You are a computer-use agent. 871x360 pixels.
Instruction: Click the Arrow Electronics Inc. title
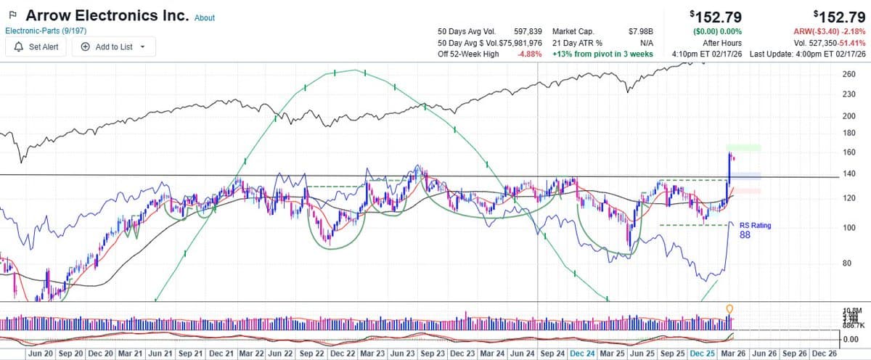[107, 15]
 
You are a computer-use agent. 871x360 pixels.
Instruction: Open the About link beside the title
[205, 17]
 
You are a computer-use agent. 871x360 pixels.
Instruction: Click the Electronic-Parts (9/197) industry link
[45, 31]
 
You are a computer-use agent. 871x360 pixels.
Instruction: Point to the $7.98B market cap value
[640, 32]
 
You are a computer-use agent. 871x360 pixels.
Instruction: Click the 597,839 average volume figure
[528, 32]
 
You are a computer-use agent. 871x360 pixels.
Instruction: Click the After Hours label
[721, 43]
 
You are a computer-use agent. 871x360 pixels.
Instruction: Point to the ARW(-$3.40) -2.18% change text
[824, 32]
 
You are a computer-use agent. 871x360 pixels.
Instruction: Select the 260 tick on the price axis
[848, 75]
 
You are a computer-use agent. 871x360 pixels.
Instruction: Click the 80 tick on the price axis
[846, 263]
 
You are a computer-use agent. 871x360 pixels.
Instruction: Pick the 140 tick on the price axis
[848, 174]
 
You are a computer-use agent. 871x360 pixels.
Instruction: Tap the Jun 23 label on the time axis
[402, 353]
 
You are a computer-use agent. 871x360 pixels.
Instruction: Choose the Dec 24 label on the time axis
[582, 353]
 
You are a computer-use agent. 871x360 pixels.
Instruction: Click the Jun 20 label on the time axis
[40, 353]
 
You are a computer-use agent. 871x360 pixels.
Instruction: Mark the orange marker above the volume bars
[729, 309]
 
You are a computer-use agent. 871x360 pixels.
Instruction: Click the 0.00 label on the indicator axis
[851, 338]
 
